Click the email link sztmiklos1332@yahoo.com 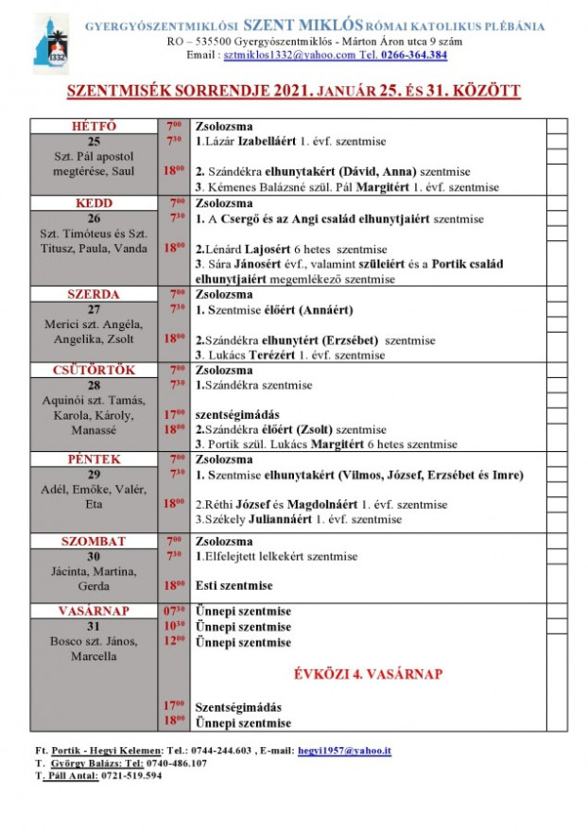tap(277, 55)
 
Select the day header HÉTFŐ tap(94, 126)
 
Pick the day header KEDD tap(94, 203)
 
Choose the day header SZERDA tap(94, 294)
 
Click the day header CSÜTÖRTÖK tap(94, 369)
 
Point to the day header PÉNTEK tap(94, 459)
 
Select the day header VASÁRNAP tap(94, 611)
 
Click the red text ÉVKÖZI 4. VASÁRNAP tap(366, 674)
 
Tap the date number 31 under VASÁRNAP tap(94, 627)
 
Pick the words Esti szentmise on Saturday tap(233, 586)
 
